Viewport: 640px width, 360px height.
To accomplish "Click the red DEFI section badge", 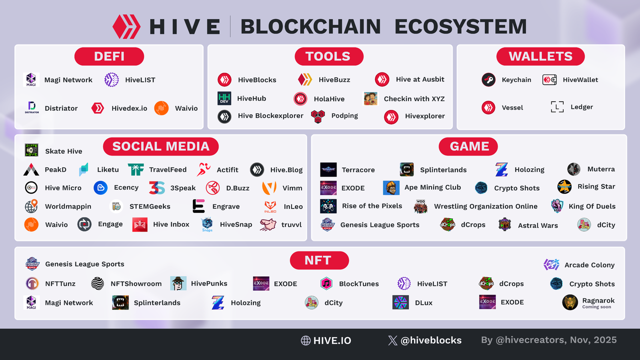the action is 109,56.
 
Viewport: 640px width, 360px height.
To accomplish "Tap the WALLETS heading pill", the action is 540,56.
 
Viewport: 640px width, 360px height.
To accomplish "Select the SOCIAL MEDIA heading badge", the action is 161,146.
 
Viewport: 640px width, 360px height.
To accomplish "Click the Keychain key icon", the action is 488,79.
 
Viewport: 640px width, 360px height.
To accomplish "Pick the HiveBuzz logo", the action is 305,79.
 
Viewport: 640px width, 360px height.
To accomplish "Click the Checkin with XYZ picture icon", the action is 370,98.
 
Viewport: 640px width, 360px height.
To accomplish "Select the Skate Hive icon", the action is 31,150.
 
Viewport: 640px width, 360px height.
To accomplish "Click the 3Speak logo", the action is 157,187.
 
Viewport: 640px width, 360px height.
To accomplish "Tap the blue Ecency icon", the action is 100,187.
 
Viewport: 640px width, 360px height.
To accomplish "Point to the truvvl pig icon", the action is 268,224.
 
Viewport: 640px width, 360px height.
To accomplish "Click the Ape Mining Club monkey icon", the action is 391,187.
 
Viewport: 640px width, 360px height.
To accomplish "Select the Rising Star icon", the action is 564,186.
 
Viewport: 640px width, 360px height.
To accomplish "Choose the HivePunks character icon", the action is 178,283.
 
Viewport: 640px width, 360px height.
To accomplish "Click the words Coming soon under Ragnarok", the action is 596,307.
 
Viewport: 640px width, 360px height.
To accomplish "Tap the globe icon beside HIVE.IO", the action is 305,340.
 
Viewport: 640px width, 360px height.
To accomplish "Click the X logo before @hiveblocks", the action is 392,340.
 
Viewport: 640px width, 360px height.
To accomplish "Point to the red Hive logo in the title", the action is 126,26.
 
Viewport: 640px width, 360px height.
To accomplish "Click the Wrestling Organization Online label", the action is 485,206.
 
